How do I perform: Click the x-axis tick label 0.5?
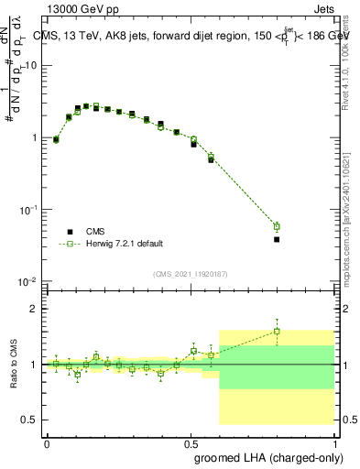coord(191,442)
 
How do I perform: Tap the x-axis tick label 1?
coord(333,442)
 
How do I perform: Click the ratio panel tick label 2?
coord(34,310)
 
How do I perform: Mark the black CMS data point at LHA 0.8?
coord(277,239)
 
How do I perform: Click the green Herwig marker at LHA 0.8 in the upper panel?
coord(277,226)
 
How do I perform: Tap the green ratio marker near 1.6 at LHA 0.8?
coord(277,331)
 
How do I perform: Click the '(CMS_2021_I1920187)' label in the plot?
coord(191,274)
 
